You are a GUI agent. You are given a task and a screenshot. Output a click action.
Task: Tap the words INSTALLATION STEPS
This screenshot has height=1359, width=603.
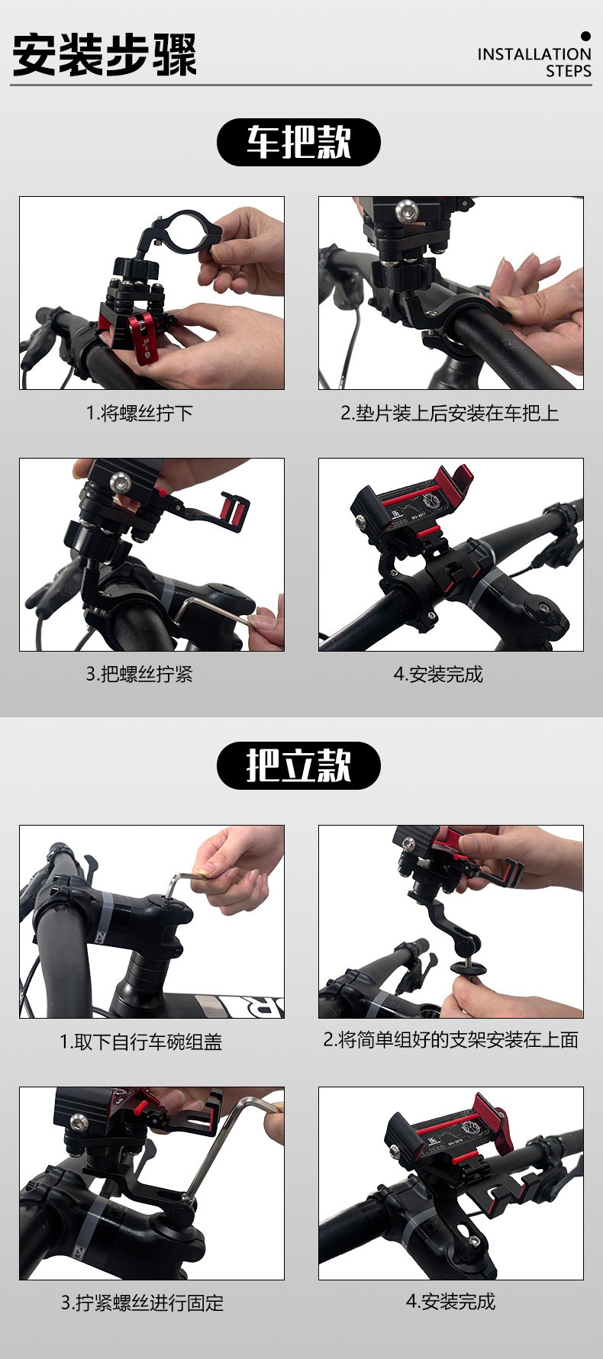pyautogui.click(x=534, y=63)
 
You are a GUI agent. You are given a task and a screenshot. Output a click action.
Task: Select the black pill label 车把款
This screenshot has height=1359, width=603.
pyautogui.click(x=298, y=142)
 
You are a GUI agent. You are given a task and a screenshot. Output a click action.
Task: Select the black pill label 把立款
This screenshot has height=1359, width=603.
pyautogui.click(x=298, y=765)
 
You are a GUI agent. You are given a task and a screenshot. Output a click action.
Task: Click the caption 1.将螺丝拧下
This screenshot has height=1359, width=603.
pyautogui.click(x=139, y=414)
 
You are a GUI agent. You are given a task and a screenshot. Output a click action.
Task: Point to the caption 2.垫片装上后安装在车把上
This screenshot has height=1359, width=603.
pyautogui.click(x=450, y=414)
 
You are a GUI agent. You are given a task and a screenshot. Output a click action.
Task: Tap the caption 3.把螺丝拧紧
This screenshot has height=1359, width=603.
pyautogui.click(x=139, y=675)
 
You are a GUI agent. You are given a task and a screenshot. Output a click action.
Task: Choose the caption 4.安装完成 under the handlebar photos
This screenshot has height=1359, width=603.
pyautogui.click(x=438, y=675)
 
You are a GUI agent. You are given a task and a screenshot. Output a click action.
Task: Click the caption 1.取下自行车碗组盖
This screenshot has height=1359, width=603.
pyautogui.click(x=141, y=1042)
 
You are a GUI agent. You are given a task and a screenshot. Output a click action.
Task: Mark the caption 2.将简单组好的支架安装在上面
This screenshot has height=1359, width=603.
pyautogui.click(x=451, y=1040)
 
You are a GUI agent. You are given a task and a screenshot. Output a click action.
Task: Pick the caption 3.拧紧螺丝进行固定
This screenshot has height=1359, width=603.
pyautogui.click(x=143, y=1303)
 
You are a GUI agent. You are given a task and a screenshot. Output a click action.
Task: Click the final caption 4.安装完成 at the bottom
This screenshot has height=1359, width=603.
pyautogui.click(x=451, y=1301)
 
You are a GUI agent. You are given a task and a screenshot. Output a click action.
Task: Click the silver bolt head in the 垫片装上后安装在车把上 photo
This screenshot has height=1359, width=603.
pyautogui.click(x=405, y=211)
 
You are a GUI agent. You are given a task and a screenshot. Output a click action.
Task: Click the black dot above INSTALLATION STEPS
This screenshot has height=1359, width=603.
pyautogui.click(x=586, y=36)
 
